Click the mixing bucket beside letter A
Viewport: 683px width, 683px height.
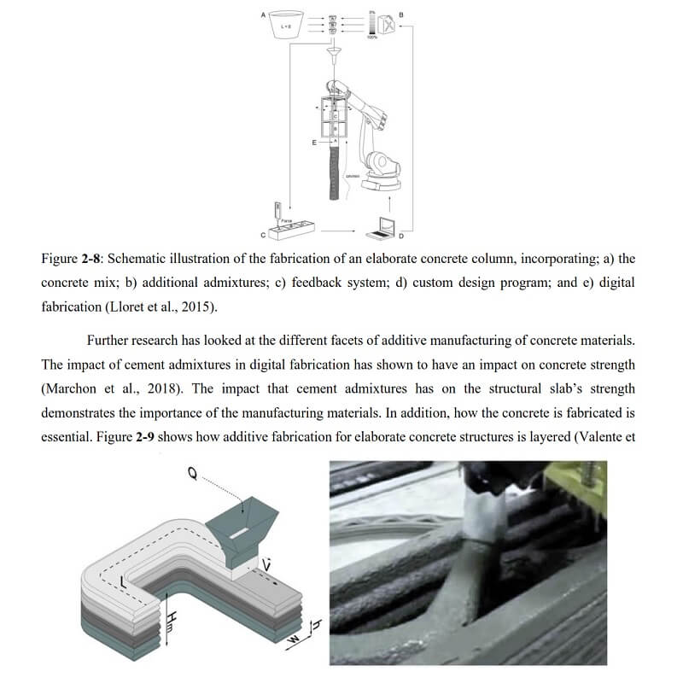coord(288,27)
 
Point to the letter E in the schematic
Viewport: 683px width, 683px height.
coord(313,142)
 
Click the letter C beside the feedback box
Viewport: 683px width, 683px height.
coord(264,234)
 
